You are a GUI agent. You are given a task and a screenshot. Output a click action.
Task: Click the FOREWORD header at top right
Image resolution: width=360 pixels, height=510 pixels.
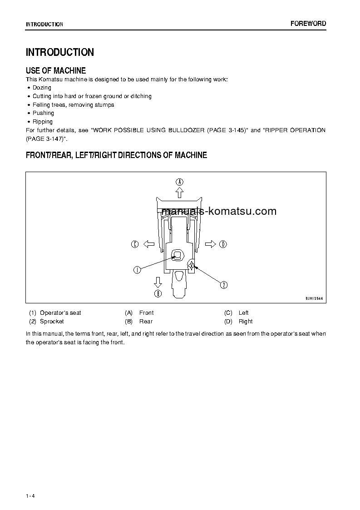point(308,24)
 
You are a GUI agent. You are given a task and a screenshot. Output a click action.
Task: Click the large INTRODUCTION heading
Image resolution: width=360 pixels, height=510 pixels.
point(60,52)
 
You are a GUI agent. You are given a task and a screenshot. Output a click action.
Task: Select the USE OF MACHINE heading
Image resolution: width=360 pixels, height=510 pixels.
point(56,70)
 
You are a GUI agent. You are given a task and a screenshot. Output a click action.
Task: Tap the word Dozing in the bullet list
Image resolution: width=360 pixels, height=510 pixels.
point(42,88)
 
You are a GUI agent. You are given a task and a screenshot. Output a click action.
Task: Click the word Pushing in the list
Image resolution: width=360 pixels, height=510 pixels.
point(43,113)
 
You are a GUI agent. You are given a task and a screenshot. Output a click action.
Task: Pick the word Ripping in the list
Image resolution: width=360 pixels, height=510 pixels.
point(43,122)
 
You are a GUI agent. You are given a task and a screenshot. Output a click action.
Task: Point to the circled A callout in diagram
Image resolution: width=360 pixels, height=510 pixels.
point(180,182)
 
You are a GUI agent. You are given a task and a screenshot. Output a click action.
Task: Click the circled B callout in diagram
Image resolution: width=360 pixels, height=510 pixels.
point(158,293)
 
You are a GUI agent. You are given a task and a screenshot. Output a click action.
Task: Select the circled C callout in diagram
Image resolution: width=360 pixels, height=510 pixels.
point(135,244)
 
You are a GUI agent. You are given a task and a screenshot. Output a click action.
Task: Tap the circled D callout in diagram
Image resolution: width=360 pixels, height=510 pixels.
point(223,244)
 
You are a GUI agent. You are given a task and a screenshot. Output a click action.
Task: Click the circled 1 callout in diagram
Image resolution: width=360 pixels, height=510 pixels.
point(137,270)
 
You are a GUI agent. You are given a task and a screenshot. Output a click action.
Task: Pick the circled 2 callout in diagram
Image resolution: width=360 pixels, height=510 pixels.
point(224,285)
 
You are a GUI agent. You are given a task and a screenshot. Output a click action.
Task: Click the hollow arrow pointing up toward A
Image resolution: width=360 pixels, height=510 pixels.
point(180,193)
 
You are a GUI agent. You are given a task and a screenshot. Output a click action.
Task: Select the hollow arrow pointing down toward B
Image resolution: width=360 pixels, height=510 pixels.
point(158,282)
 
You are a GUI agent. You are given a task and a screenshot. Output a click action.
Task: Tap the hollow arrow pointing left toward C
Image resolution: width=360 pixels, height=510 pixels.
point(148,244)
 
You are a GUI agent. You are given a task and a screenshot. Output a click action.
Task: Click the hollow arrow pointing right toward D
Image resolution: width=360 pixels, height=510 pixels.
point(210,244)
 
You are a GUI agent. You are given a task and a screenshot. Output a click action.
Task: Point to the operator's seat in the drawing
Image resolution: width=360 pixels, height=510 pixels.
point(177,255)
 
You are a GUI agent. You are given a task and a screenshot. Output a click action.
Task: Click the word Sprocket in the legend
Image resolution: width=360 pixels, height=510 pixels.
point(52,322)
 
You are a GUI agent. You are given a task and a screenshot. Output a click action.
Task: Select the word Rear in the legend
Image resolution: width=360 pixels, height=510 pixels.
point(146,322)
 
